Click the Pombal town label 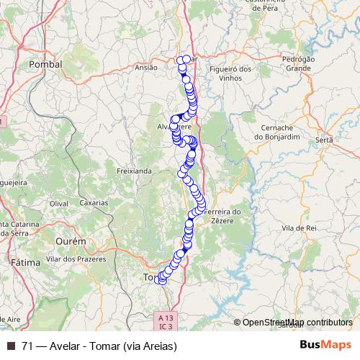click(45, 64)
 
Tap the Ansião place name click(146, 67)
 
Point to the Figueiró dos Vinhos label click(232, 73)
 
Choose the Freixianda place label click(133, 171)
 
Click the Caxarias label click(93, 204)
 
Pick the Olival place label click(58, 204)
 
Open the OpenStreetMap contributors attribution click(297, 323)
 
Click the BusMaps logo click(326, 345)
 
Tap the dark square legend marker click(10, 346)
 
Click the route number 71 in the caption click(28, 346)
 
